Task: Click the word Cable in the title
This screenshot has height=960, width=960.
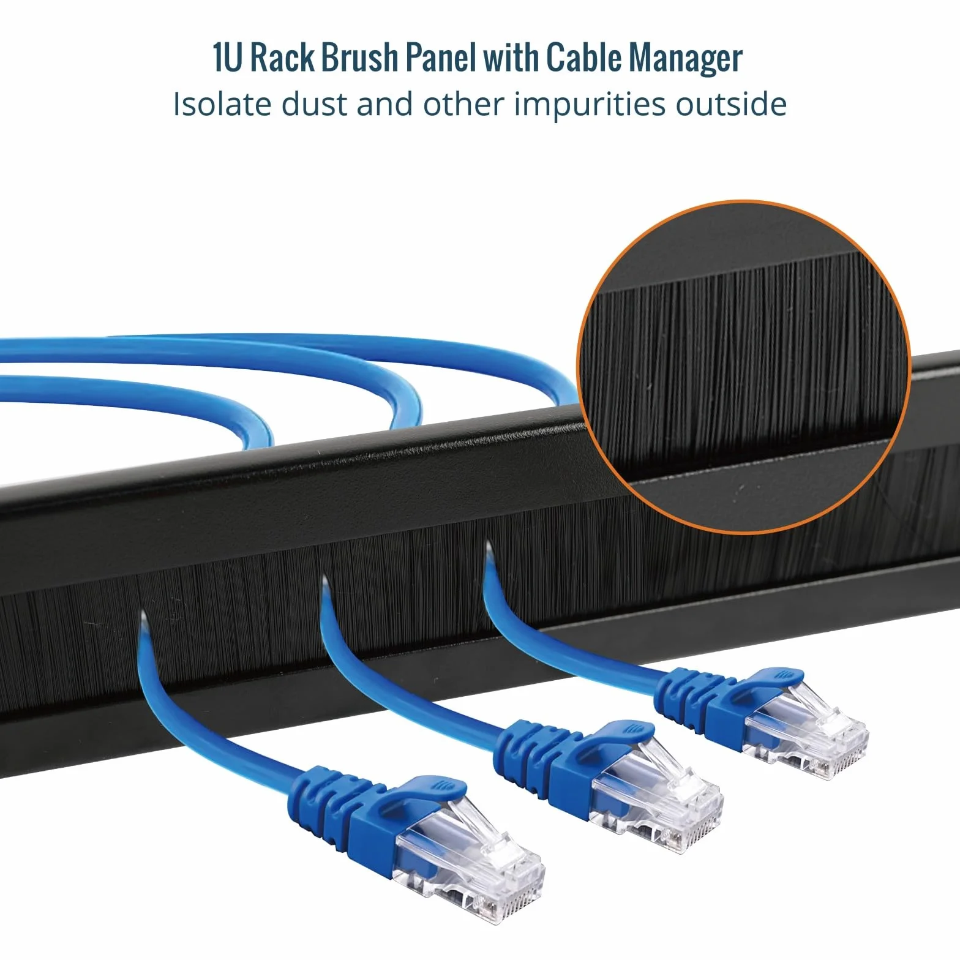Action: coord(584,59)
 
